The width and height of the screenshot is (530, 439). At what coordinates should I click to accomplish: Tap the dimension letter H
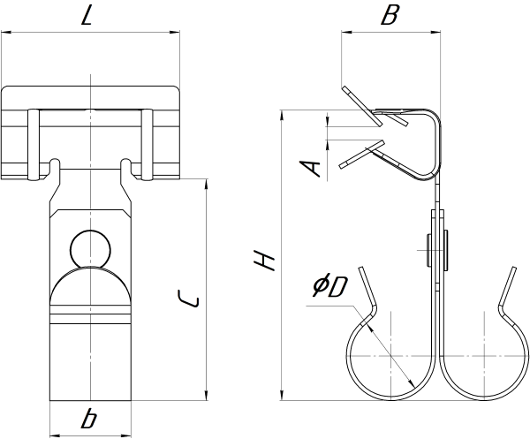click(264, 260)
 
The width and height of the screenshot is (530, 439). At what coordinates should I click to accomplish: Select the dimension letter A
click(308, 166)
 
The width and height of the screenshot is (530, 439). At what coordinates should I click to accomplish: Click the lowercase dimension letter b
click(91, 419)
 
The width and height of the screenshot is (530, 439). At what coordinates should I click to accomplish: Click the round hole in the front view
click(90, 248)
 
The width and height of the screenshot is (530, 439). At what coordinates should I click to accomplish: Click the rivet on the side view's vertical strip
click(435, 249)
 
